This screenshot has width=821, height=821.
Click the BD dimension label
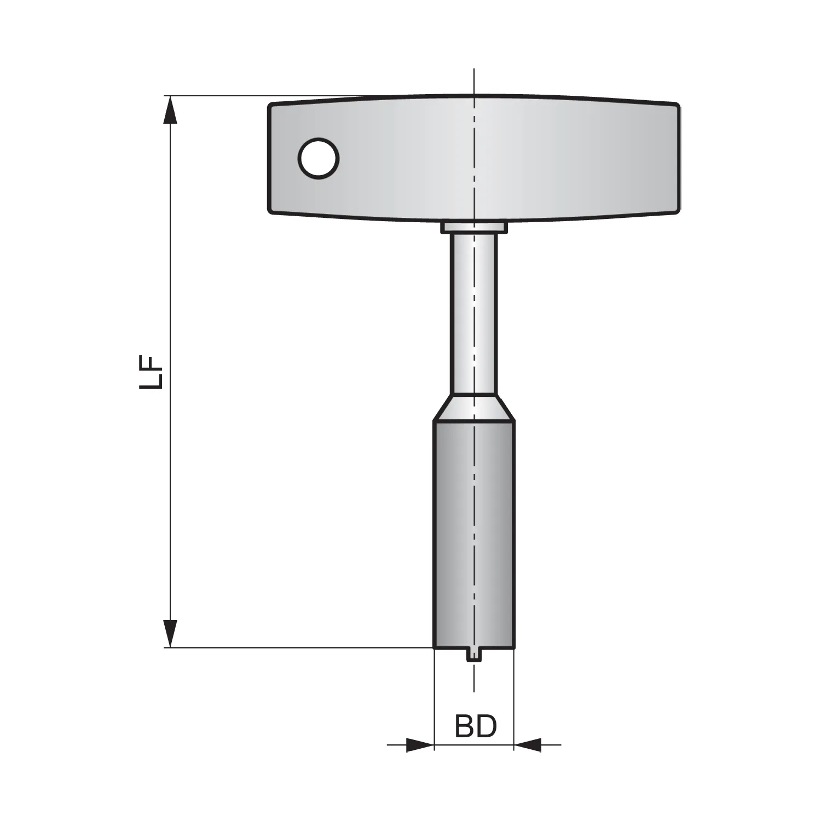(x=476, y=726)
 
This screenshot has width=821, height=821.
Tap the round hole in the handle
(x=319, y=159)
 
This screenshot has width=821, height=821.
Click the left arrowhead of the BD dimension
(x=420, y=744)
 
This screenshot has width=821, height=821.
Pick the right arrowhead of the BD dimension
(x=528, y=744)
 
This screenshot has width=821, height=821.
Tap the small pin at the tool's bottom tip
(x=474, y=655)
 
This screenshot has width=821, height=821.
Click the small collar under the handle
(x=474, y=227)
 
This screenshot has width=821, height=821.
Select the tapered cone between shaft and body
(x=474, y=408)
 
